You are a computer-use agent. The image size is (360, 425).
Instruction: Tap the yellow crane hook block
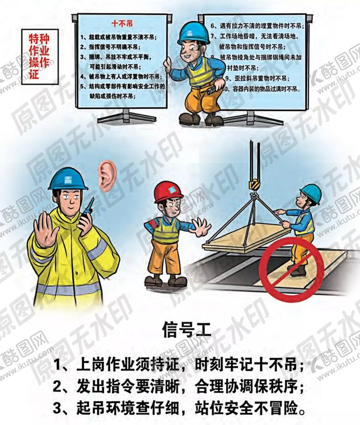pyautogui.click(x=253, y=184)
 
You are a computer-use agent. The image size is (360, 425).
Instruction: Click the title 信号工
pyautogui.click(x=181, y=331)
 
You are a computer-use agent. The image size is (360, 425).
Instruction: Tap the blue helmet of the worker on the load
pyautogui.click(x=310, y=193)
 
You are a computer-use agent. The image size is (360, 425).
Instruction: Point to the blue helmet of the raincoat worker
pyautogui.click(x=68, y=178)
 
